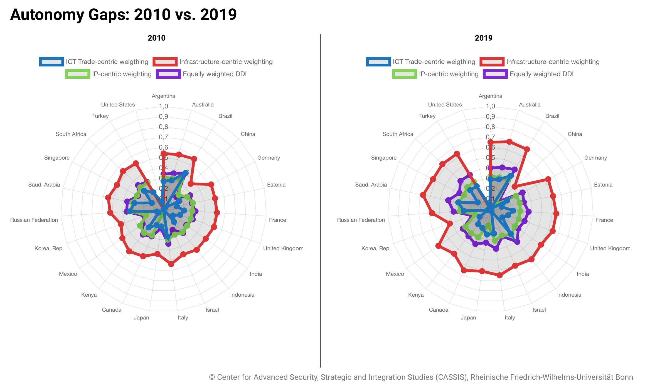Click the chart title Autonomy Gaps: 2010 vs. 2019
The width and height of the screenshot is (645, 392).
[x=123, y=14]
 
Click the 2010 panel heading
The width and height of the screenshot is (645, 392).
[x=156, y=38]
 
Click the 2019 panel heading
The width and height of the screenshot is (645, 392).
[x=483, y=38]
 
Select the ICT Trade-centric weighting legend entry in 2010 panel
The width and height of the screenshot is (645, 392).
[x=94, y=62]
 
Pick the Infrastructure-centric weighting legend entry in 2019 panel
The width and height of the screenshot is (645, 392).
[x=540, y=62]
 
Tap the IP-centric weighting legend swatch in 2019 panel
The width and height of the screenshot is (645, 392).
[x=404, y=74]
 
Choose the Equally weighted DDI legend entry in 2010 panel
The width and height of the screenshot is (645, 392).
[x=201, y=74]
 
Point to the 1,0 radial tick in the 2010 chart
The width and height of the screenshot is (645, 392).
[x=163, y=106]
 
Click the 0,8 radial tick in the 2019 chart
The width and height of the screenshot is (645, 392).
[x=490, y=127]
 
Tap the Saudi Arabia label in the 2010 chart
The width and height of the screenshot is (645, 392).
[x=44, y=185]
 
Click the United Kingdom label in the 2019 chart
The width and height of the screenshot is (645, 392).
[x=610, y=248]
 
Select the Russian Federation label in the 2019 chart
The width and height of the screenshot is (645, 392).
[x=361, y=220]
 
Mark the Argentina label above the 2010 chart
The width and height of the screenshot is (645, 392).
[x=163, y=96]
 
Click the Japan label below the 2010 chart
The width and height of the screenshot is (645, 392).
[x=141, y=317]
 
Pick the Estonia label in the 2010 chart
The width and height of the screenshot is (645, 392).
[x=276, y=185]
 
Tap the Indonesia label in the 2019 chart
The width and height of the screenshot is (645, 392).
[x=569, y=295]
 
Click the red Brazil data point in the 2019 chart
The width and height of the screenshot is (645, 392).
[x=526, y=149]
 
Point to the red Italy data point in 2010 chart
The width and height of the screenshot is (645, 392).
[x=171, y=264]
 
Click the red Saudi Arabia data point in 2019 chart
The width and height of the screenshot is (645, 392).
[x=423, y=195]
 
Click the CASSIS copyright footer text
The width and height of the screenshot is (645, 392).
[x=421, y=377]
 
